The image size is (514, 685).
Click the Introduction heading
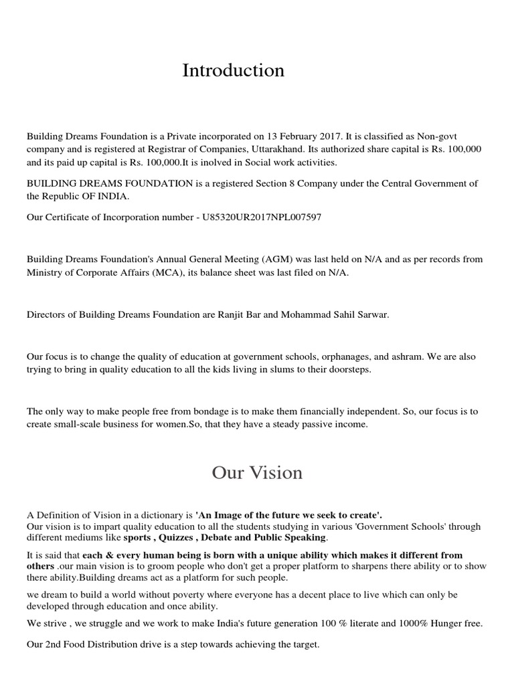(x=233, y=70)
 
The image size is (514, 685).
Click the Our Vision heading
(x=257, y=473)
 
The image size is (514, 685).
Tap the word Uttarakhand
(x=255, y=148)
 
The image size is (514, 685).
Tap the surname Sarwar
(x=371, y=315)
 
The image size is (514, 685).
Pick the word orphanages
(x=349, y=357)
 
